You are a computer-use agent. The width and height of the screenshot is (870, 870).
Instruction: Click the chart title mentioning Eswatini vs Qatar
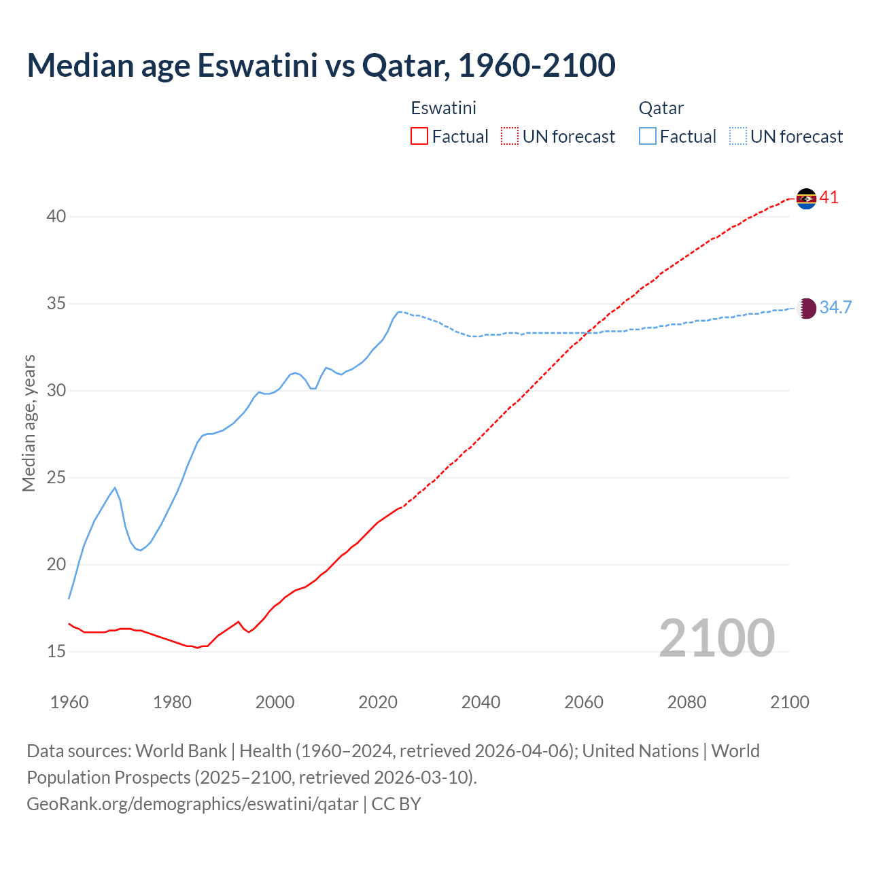coord(321,65)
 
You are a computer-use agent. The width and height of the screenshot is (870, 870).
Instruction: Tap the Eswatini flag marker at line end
coord(806,198)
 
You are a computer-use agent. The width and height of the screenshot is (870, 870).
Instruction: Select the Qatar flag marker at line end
coord(806,309)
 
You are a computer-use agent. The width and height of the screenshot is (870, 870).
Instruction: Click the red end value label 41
coord(829,198)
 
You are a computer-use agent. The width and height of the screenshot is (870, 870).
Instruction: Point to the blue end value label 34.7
coord(835,307)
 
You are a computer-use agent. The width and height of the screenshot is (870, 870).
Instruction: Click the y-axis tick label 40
coord(56,217)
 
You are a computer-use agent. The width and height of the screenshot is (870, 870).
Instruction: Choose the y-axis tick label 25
coord(56,478)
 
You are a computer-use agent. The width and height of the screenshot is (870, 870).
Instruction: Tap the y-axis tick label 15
coord(56,652)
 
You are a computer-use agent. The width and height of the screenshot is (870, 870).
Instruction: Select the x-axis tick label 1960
coord(69,702)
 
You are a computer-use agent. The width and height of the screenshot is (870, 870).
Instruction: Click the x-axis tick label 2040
coord(481,702)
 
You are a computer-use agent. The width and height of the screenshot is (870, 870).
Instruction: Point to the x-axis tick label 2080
coord(686,702)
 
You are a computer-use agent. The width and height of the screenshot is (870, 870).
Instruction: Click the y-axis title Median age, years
coord(29,423)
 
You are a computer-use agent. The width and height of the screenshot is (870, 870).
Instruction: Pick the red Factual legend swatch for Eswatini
coord(419,137)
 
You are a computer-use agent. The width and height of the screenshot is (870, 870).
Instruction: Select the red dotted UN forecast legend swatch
coord(510,137)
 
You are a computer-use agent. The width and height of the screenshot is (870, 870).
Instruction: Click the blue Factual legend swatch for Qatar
coord(648,137)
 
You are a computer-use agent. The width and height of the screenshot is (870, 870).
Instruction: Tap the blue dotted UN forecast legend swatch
coord(737,137)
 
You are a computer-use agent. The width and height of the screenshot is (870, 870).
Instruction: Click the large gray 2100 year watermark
coord(717,638)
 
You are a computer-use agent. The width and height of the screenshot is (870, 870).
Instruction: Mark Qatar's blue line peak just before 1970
coord(115,487)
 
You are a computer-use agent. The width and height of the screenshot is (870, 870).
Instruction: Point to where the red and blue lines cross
coord(587,332)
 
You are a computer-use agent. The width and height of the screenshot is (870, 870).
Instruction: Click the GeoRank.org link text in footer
coord(192,804)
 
